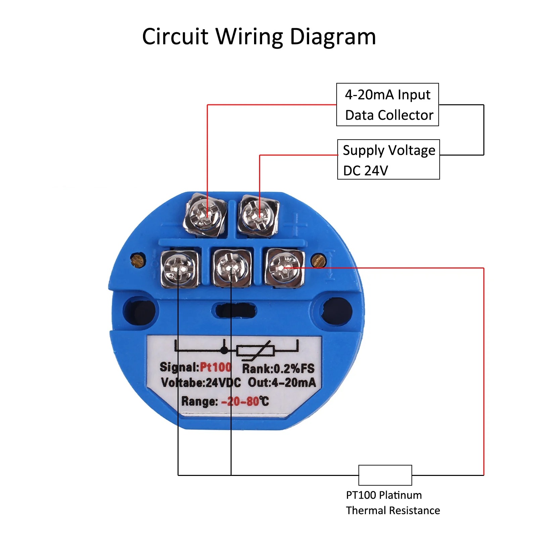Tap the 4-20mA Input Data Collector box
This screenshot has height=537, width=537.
(388, 105)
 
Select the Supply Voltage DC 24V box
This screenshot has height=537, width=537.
(389, 159)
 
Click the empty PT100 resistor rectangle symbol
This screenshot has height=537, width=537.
(385, 475)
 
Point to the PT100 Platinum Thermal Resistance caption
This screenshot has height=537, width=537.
(393, 503)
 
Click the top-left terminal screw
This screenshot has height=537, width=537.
(205, 215)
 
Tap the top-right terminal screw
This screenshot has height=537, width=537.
(258, 215)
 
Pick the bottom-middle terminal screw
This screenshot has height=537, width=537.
(231, 268)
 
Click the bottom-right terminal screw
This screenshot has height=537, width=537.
(285, 267)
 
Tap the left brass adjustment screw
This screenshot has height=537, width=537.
(138, 260)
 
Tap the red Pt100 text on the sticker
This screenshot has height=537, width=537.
(215, 367)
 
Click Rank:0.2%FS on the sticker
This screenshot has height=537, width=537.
(278, 369)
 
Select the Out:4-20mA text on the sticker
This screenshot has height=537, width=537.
(282, 382)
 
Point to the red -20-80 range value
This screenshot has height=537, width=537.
(240, 401)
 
